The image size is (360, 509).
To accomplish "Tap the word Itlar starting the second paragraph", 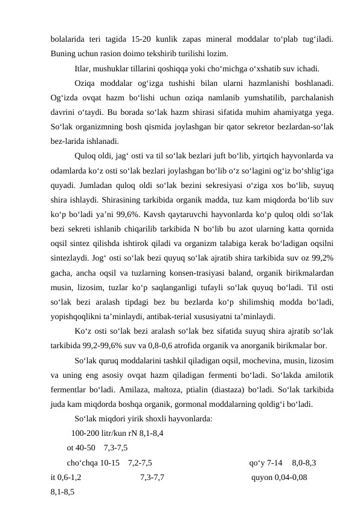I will tap(83, 68).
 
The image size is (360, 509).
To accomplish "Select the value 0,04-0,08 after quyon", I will tap(292, 477).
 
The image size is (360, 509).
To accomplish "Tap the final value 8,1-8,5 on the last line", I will tap(63, 491).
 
